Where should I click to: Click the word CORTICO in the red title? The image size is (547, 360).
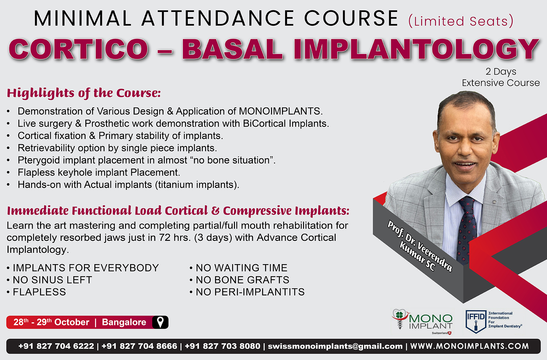78,49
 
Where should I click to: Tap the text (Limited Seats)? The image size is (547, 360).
461,21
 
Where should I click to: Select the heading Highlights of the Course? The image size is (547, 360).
84,93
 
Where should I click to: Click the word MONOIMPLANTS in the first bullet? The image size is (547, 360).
280,111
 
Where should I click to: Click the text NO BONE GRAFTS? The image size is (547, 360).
242,280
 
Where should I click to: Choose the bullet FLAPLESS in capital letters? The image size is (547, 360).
39,292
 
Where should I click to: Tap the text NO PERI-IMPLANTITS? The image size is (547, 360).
250,292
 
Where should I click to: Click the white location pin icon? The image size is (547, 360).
160,322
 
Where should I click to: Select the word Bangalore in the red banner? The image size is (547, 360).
124,322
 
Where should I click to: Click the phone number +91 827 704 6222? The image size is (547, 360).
56,346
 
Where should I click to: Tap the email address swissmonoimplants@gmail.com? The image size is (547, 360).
335,346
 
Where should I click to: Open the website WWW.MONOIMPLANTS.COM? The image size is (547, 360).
470,346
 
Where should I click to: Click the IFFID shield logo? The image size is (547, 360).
475,321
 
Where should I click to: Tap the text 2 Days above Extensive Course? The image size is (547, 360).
501,72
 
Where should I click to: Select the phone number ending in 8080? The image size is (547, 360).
222,346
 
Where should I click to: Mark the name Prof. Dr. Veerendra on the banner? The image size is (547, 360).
420,246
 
